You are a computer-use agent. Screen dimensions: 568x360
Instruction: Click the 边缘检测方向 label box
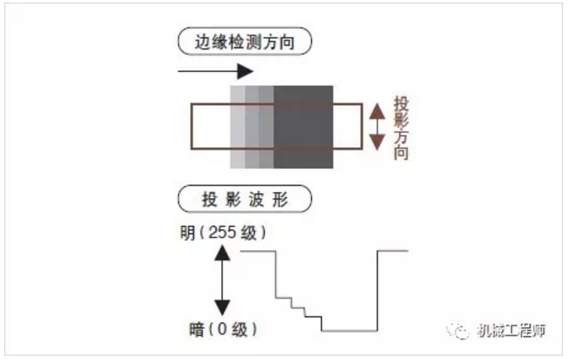[244, 41]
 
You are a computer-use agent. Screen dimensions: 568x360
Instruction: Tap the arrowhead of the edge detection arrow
[245, 71]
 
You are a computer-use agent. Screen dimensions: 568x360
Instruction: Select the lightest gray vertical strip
[238, 127]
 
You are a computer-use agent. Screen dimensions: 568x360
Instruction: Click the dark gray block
[303, 127]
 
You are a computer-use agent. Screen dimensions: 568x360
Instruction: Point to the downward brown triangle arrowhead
[377, 142]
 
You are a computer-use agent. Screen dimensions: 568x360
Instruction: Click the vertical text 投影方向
[401, 127]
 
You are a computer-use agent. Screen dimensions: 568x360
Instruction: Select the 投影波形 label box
[244, 199]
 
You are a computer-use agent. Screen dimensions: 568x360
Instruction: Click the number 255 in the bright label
[223, 233]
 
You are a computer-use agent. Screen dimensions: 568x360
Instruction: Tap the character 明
[188, 233]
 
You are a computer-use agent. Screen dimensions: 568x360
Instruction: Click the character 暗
[197, 329]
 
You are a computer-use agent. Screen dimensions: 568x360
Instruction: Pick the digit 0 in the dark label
[222, 329]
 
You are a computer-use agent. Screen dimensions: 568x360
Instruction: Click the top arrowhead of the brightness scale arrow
[223, 252]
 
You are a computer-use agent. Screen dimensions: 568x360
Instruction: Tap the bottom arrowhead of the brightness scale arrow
[223, 308]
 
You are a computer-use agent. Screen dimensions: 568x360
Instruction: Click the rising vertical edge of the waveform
[378, 290]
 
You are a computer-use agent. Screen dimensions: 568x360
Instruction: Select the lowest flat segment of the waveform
[349, 331]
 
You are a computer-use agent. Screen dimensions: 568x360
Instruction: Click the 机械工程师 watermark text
[511, 330]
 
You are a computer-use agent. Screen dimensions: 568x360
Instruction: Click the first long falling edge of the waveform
[276, 274]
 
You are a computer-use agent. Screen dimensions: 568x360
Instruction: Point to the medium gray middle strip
[252, 127]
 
